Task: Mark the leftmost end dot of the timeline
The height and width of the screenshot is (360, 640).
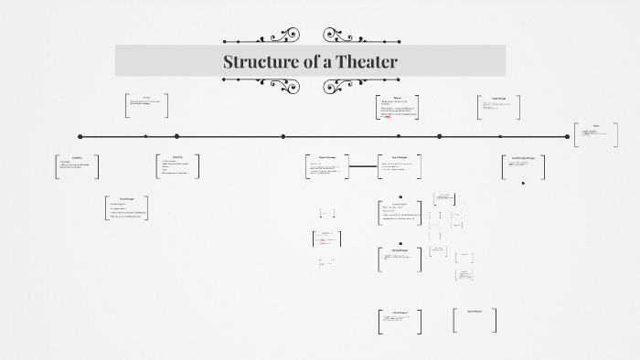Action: coord(80,136)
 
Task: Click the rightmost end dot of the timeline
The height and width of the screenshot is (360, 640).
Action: coord(567,136)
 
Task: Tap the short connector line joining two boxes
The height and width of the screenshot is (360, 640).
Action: coord(364,166)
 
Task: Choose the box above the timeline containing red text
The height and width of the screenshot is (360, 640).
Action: coord(398,106)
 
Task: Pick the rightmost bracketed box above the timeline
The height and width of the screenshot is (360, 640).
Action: coord(498,107)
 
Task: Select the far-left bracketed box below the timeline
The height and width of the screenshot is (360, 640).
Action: coord(77,165)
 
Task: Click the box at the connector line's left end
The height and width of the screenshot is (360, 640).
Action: coord(326,166)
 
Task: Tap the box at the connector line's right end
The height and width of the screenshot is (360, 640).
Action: coord(399,166)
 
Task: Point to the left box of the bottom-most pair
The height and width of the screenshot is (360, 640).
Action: coord(399,321)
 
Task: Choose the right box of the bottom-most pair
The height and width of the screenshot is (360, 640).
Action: coord(475,320)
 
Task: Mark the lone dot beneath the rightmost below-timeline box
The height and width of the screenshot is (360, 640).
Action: coord(523,183)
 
